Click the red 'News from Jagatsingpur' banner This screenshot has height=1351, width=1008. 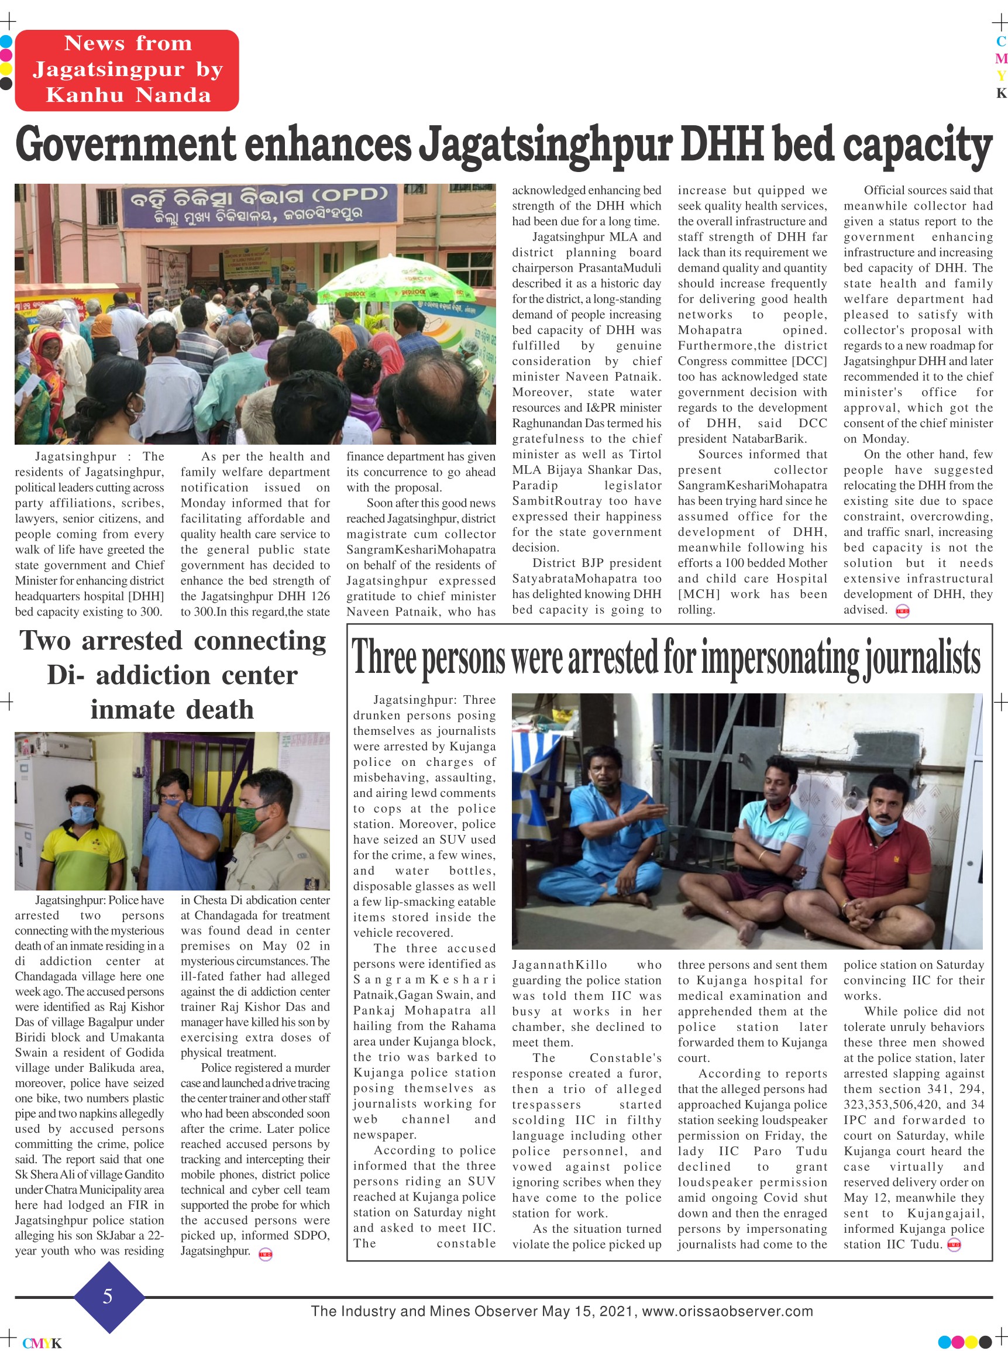(127, 70)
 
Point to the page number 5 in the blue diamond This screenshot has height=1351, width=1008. (108, 1296)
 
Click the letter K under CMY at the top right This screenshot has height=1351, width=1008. (1000, 94)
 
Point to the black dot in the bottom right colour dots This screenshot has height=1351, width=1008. (985, 1342)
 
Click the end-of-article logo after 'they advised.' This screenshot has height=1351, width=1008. (902, 611)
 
